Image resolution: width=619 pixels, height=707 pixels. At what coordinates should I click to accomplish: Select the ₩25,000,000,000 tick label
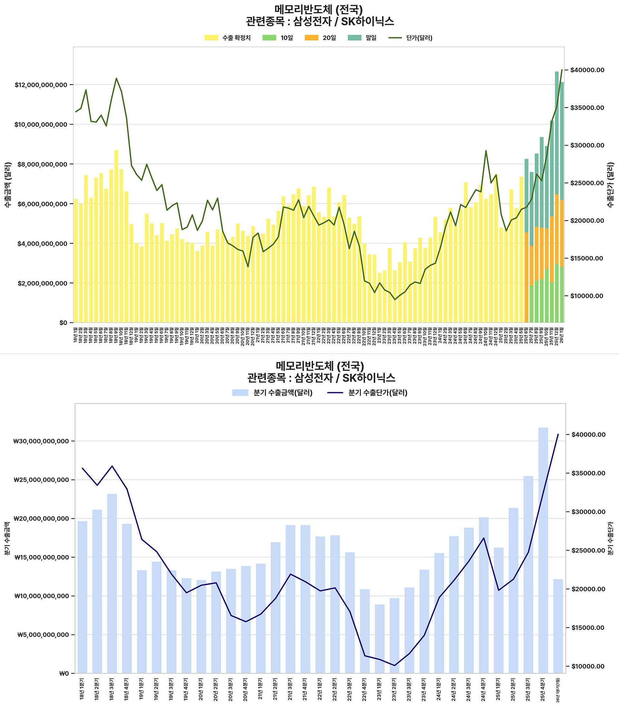(x=41, y=480)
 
